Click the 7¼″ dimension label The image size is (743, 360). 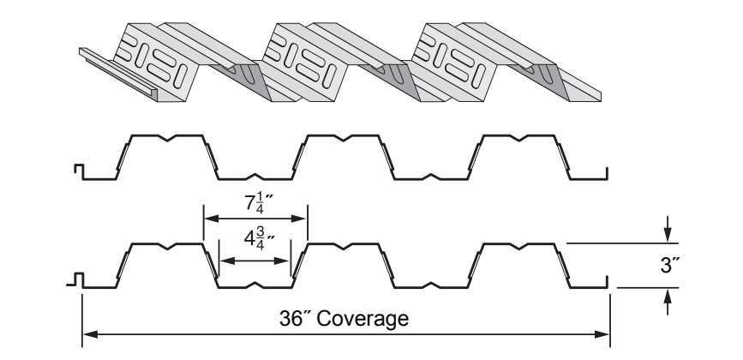pos(260,203)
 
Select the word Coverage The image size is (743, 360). pos(363,319)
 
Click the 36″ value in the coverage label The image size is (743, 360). pos(295,318)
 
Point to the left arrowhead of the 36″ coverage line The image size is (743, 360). pos(90,334)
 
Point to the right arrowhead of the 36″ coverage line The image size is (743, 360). pos(602,334)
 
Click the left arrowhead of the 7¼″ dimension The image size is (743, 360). pos(212,219)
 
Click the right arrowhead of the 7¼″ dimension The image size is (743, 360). pos(299,219)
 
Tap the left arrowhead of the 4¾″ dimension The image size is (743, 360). pos(228,261)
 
